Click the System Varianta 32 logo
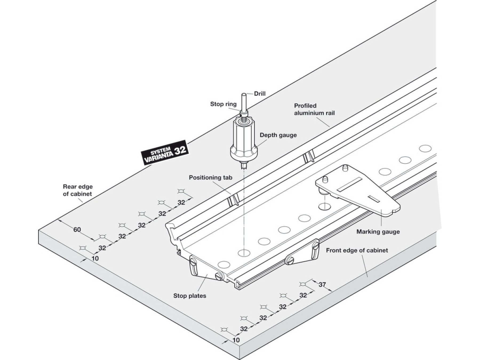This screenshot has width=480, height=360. pos(165,153)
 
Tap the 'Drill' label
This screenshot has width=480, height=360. pos(259,94)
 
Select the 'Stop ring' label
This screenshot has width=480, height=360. pos(223,104)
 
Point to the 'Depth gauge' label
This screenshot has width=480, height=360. pos(278,135)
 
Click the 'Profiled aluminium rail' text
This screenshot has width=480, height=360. pos(314,109)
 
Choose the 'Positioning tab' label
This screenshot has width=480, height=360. pos(210,178)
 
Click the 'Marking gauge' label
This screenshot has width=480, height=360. pos(378,231)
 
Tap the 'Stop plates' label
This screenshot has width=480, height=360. pos(190,296)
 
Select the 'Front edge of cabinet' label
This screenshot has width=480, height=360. pos(357,250)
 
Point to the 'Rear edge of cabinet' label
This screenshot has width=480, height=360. pos(78,190)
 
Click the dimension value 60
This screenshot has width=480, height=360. pos(77,230)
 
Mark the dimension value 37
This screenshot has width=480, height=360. pos(322,285)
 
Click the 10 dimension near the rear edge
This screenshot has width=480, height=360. pos(95,258)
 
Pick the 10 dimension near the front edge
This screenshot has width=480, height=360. pos(236,340)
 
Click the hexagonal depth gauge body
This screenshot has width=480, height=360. pos(243,139)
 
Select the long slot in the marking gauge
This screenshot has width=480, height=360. pos(349,184)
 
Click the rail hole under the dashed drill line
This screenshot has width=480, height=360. pos(244,253)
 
